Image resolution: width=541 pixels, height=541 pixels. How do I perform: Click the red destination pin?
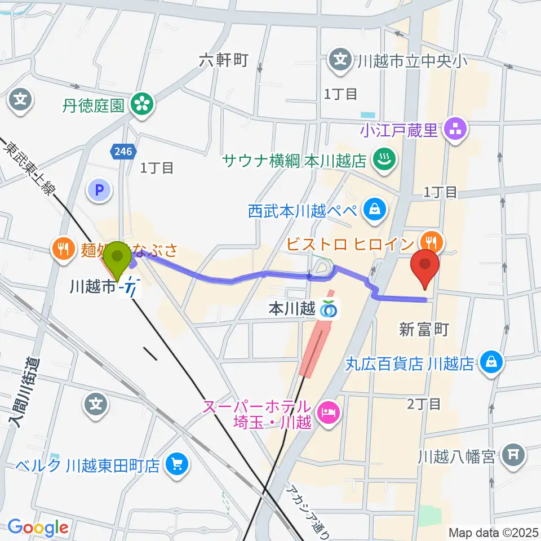tap(425, 267)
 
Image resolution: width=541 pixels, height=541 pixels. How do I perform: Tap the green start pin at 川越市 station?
tap(118, 260)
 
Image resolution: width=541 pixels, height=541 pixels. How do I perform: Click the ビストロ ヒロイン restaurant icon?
tap(433, 242)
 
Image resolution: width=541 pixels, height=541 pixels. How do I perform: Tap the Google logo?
tap(38, 527)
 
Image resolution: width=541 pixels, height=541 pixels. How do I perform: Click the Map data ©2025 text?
tap(492, 531)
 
